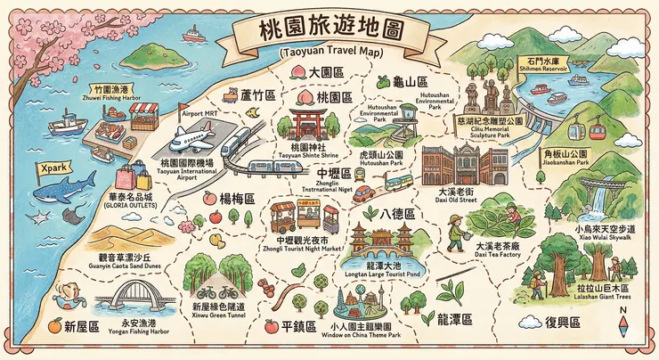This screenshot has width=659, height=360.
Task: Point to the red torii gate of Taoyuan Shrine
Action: point(309,121)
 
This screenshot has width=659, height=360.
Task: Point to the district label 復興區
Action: point(563,322)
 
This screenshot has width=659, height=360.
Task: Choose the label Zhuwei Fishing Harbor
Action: point(114,100)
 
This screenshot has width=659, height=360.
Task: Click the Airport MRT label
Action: point(198,115)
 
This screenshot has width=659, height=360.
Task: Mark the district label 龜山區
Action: point(412,81)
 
